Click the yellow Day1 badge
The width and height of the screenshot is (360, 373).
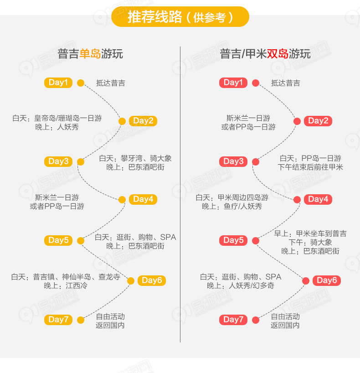point(58,83)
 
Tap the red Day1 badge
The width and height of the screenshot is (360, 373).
point(233,83)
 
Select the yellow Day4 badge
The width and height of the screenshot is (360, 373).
point(143,199)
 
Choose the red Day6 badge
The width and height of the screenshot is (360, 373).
point(327,281)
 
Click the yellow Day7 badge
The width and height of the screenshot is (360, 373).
point(58,320)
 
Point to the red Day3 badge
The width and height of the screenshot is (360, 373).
point(233,161)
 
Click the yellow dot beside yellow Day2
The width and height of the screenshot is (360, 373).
point(122,121)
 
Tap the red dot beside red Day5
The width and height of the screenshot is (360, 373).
point(256,241)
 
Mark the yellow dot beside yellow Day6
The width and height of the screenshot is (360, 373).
point(131,281)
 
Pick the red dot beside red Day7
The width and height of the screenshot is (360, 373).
point(256,320)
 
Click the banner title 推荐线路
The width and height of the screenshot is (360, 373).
point(155,17)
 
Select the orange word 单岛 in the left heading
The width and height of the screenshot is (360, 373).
point(90,53)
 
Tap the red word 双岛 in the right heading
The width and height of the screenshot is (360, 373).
point(278,53)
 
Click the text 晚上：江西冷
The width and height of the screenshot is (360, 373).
point(66,285)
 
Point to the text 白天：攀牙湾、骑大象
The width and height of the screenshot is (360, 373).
point(135,158)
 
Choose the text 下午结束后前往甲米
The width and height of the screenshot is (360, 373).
point(310,167)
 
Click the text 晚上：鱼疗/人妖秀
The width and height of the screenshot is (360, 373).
point(232,206)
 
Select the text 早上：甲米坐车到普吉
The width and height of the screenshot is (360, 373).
point(310,233)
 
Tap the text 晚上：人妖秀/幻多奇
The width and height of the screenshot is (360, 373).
point(241,285)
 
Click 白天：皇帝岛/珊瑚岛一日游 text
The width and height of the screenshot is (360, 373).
point(57,118)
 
